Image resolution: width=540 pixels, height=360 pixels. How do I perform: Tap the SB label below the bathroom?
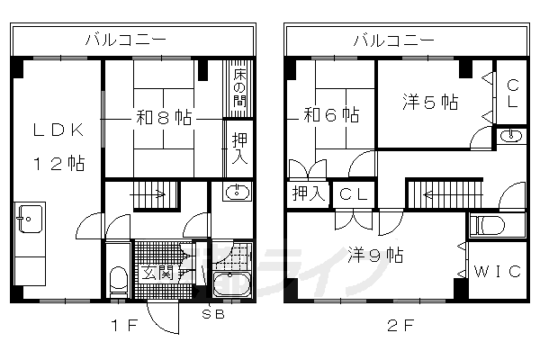click(x=213, y=315)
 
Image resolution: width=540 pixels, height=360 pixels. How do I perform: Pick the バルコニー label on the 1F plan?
click(x=119, y=40)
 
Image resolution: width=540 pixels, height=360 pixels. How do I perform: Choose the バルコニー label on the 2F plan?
click(x=392, y=40)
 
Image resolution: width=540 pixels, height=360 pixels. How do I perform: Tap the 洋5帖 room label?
click(x=430, y=102)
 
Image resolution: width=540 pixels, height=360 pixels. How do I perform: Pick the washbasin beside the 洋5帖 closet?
click(x=510, y=137)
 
